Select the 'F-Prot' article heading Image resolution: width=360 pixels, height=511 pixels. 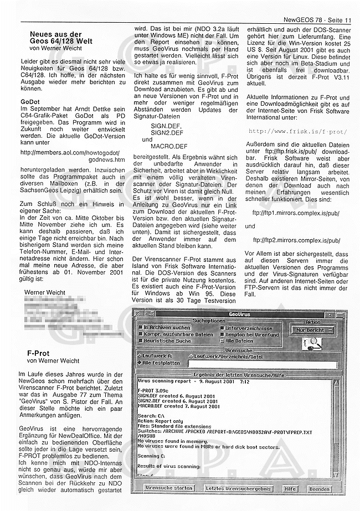38,353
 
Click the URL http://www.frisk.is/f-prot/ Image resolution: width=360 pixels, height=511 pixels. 298,132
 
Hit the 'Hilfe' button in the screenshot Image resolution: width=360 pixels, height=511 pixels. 290,488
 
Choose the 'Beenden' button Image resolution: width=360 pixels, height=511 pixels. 320,488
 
